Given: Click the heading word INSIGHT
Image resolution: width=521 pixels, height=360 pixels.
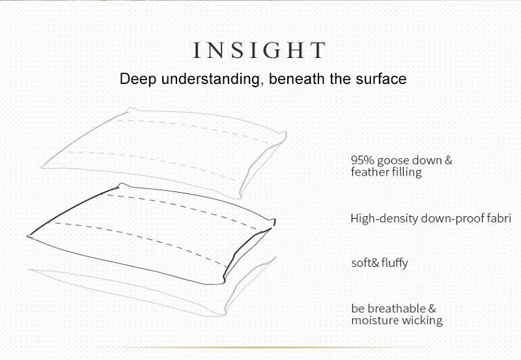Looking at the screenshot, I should click(x=259, y=50).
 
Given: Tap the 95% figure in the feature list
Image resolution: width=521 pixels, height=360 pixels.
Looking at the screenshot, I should click(x=361, y=160).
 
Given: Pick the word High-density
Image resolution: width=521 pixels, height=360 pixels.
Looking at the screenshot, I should click(x=377, y=219).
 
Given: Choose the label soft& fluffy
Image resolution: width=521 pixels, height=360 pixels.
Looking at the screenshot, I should click(x=380, y=264).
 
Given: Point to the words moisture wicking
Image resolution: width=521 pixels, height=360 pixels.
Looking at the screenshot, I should click(x=397, y=320).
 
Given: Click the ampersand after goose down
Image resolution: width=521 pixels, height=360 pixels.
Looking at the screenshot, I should click(x=448, y=160).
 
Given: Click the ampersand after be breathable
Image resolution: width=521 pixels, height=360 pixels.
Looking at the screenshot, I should click(x=432, y=309).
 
